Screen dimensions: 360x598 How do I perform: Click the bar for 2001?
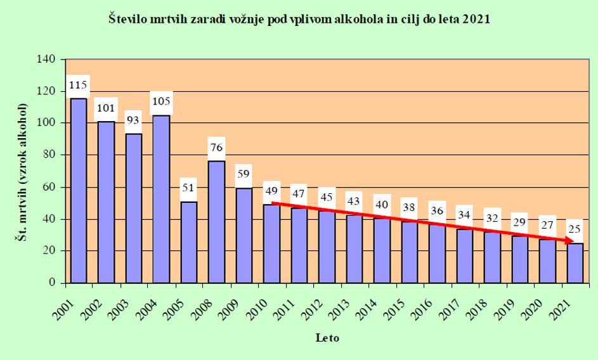(x=78, y=190)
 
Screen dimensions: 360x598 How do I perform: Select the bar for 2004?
(x=161, y=199)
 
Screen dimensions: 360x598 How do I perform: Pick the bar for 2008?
(x=216, y=222)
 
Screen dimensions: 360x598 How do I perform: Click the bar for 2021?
(x=575, y=263)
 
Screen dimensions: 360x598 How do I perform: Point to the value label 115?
(x=78, y=84)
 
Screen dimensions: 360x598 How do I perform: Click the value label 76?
(x=216, y=148)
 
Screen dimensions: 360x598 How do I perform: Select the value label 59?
(x=244, y=173)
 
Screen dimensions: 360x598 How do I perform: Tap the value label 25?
(x=575, y=229)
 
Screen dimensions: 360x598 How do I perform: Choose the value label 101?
(x=106, y=107)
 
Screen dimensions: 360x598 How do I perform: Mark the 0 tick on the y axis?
(x=54, y=283)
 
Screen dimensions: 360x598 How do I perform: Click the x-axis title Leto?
(x=327, y=338)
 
